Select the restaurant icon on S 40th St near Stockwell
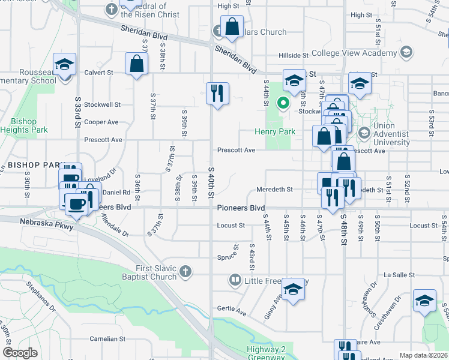click(217, 93)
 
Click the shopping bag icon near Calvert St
click(137, 64)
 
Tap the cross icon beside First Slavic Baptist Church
click(185, 272)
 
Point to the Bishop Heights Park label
click(29, 125)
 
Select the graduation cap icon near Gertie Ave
click(293, 290)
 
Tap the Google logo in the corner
click(20, 353)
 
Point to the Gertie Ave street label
click(233, 313)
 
